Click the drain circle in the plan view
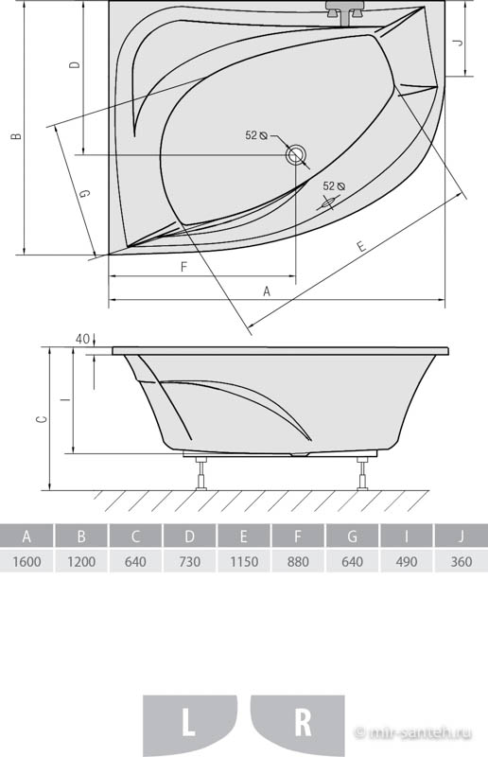click(295, 154)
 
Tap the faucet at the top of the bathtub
click(344, 12)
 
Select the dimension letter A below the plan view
click(267, 291)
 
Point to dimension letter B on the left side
click(17, 135)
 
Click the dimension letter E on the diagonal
click(361, 246)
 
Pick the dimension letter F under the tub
click(183, 267)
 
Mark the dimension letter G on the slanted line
click(84, 194)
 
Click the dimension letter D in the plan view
click(75, 64)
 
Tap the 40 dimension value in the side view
click(82, 339)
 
